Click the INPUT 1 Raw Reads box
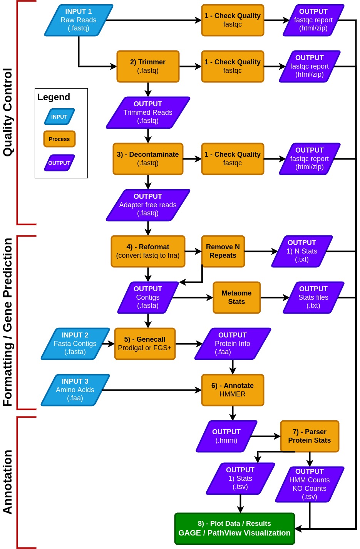pyautogui.click(x=79, y=20)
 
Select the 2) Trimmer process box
pyautogui.click(x=148, y=66)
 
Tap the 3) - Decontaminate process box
pyautogui.click(x=148, y=159)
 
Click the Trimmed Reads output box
pyautogui.click(x=148, y=112)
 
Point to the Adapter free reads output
pyautogui.click(x=148, y=205)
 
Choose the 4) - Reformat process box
pyautogui.click(x=148, y=251)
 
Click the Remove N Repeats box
pyautogui.click(x=223, y=251)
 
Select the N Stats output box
pyautogui.click(x=302, y=251)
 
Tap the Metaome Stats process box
pyautogui.click(x=236, y=297)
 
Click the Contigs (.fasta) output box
pyautogui.click(x=148, y=297)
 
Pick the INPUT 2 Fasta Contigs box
pyautogui.click(x=75, y=344)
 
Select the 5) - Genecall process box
pyautogui.click(x=145, y=344)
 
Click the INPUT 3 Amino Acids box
pyautogui.click(x=75, y=390)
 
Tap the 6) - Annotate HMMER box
pyautogui.click(x=233, y=390)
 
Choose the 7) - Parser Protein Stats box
pyautogui.click(x=310, y=436)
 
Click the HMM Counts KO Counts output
pyautogui.click(x=310, y=484)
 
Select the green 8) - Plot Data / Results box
pyautogui.click(x=234, y=529)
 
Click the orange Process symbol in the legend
pyautogui.click(x=59, y=139)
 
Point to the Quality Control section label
pyautogui.click(x=8, y=112)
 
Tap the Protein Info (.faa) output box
pyautogui.click(x=233, y=344)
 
